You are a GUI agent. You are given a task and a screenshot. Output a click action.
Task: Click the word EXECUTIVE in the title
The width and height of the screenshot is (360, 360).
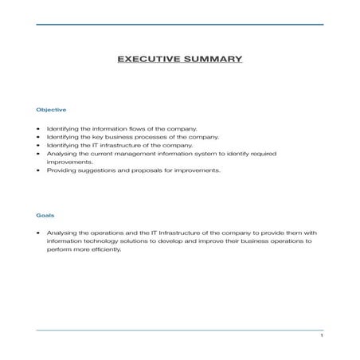(147, 59)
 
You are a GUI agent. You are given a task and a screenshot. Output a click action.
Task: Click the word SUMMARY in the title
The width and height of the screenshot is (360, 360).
(209, 59)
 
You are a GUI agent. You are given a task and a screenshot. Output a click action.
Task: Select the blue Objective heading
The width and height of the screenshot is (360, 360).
(51, 109)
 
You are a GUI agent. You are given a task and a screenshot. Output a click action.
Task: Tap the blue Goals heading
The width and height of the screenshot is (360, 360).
(45, 214)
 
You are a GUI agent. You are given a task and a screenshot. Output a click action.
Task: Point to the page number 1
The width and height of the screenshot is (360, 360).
(320, 337)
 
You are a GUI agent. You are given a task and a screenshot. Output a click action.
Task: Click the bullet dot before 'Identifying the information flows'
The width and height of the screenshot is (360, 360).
(38, 128)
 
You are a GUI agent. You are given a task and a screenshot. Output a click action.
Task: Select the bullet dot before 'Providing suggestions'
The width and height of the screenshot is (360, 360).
(38, 170)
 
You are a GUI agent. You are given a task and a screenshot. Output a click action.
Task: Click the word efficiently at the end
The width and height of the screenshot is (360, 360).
(104, 248)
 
